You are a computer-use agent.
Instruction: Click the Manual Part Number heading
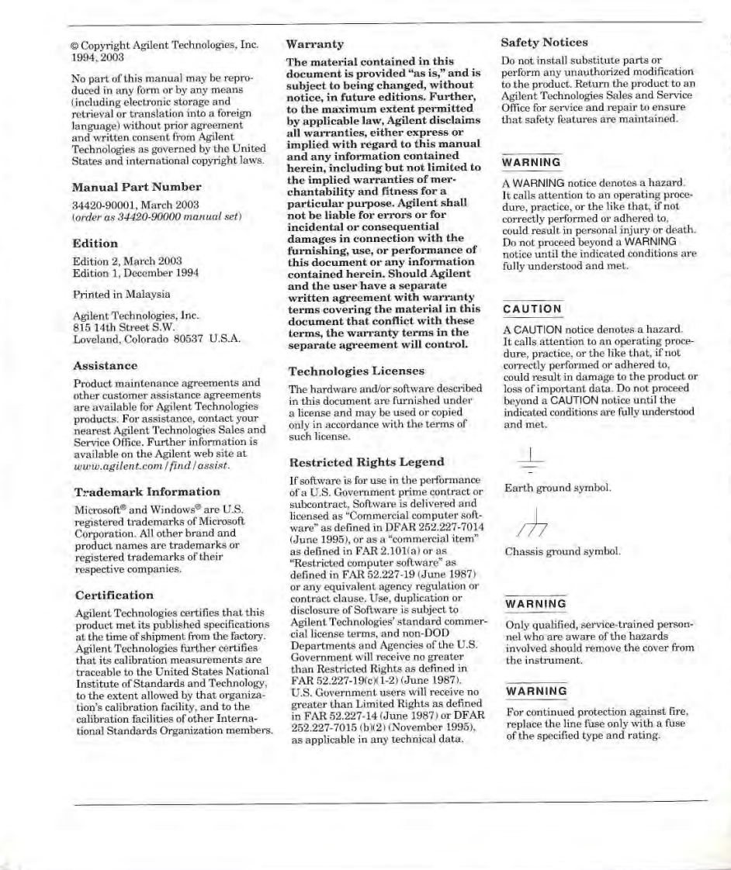[x=137, y=187]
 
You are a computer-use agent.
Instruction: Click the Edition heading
[x=95, y=243]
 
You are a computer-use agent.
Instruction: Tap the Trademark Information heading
[x=147, y=492]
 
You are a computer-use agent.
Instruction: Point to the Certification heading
[x=114, y=596]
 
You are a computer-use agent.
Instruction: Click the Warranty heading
[x=315, y=44]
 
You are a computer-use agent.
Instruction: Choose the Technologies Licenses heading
[x=356, y=371]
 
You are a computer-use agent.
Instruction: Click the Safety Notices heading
[x=544, y=43]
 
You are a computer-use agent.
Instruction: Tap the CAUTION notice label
[x=532, y=309]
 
